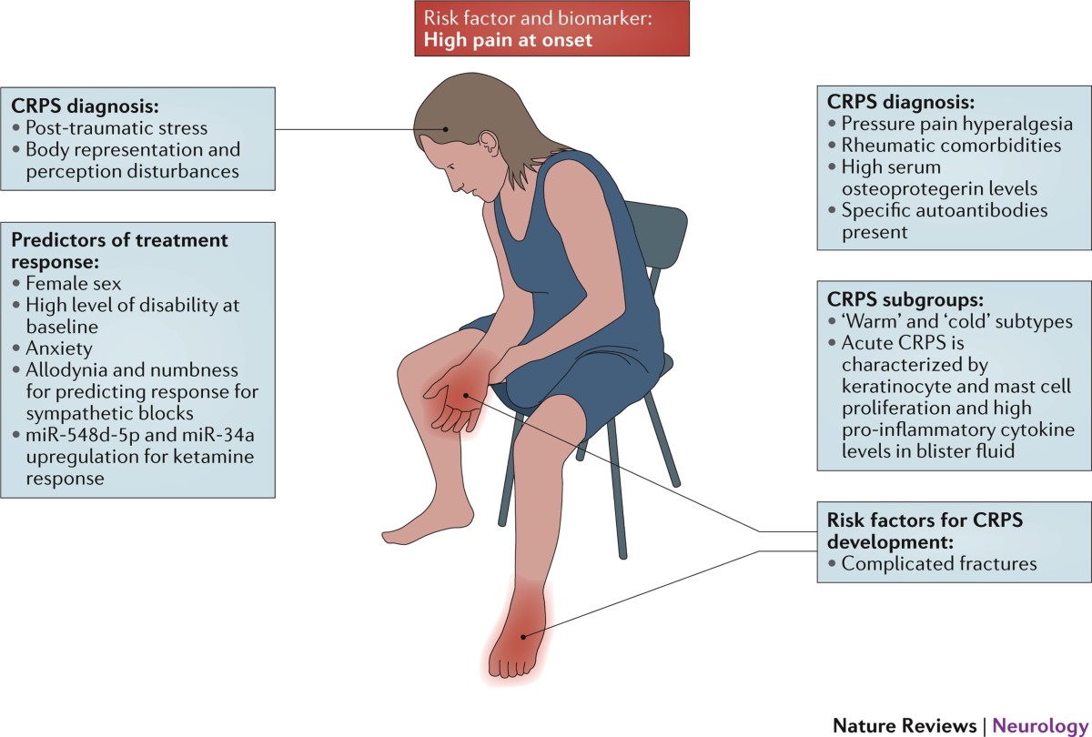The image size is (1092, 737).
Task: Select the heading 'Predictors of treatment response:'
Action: (x=118, y=250)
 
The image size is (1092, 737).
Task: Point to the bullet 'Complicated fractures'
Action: (x=938, y=563)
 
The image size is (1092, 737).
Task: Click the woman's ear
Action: (x=490, y=143)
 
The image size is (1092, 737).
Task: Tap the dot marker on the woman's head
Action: (x=445, y=128)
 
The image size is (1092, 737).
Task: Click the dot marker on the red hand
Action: (x=465, y=395)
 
